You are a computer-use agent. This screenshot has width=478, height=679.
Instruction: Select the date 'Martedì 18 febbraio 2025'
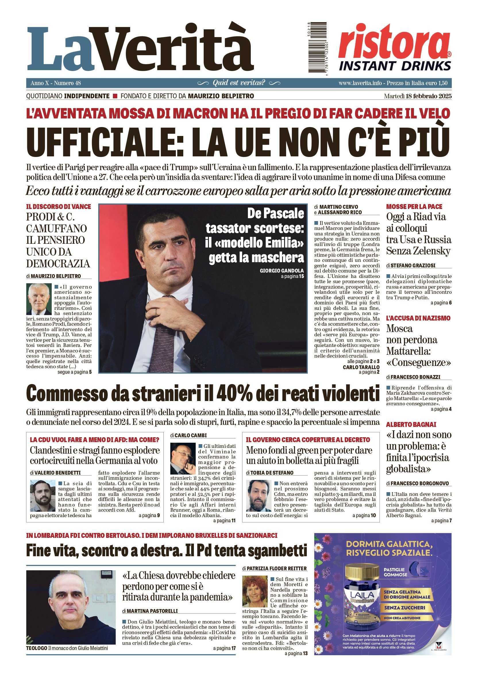(x=417, y=96)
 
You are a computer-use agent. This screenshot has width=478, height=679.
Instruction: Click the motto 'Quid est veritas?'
(x=239, y=83)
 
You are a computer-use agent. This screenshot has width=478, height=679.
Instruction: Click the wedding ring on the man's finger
(x=157, y=311)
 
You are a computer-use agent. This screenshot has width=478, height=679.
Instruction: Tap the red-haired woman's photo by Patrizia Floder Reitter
(x=254, y=590)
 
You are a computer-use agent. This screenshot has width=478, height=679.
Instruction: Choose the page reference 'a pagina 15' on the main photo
(x=292, y=277)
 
